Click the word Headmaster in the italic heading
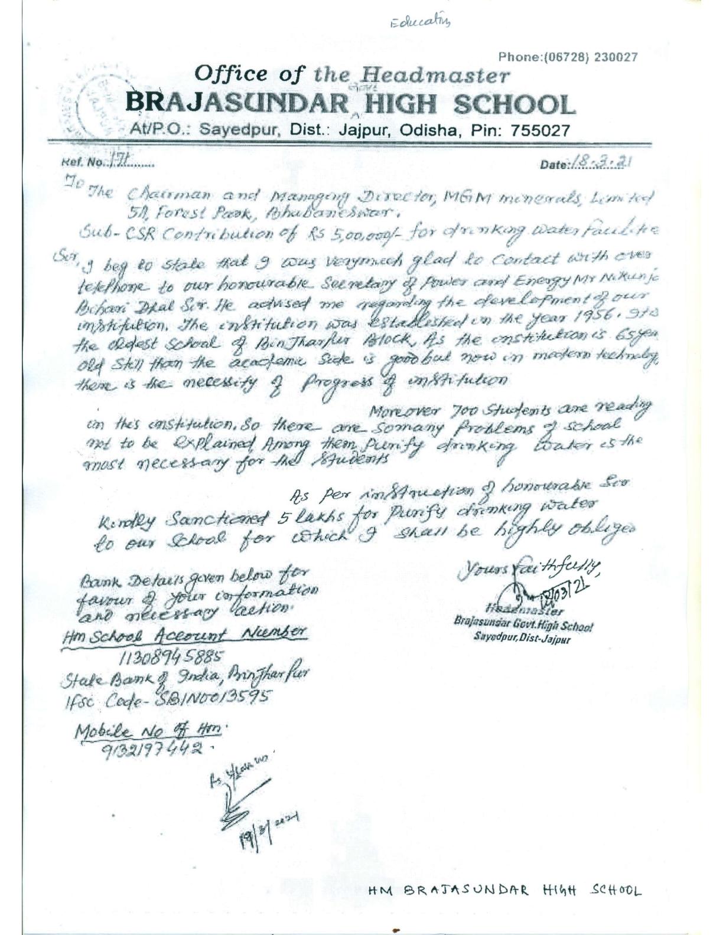pyautogui.click(x=435, y=76)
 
